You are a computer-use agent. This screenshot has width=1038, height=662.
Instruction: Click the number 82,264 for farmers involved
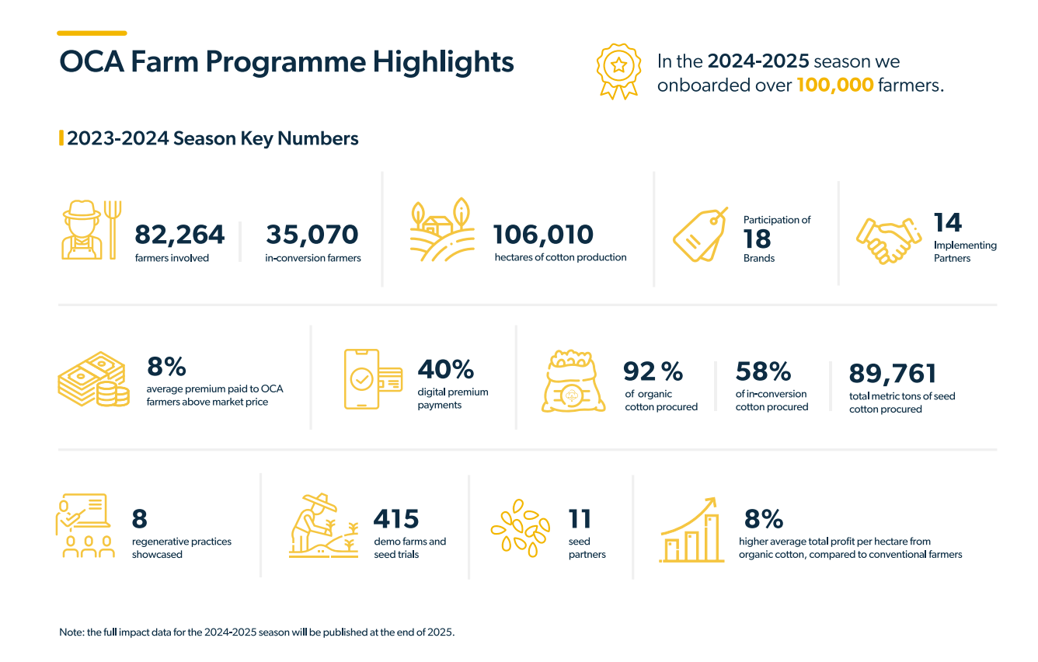pos(179,234)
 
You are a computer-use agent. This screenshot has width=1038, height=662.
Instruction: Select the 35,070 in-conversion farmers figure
pos(312,234)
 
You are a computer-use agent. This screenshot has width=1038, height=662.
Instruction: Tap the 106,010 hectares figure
pos(544,234)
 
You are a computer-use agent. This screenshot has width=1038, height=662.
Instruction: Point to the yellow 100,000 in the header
pos(835,85)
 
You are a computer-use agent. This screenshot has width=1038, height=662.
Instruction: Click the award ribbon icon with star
pos(618,71)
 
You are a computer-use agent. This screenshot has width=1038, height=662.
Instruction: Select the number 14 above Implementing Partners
pos(948,223)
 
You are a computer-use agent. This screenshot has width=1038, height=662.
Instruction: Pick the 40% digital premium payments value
pos(446,369)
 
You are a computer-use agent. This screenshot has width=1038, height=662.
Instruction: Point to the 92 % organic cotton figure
pos(653,372)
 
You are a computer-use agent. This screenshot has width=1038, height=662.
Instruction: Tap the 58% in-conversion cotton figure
pos(763,372)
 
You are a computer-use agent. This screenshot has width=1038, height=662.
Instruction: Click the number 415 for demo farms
pos(396,518)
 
